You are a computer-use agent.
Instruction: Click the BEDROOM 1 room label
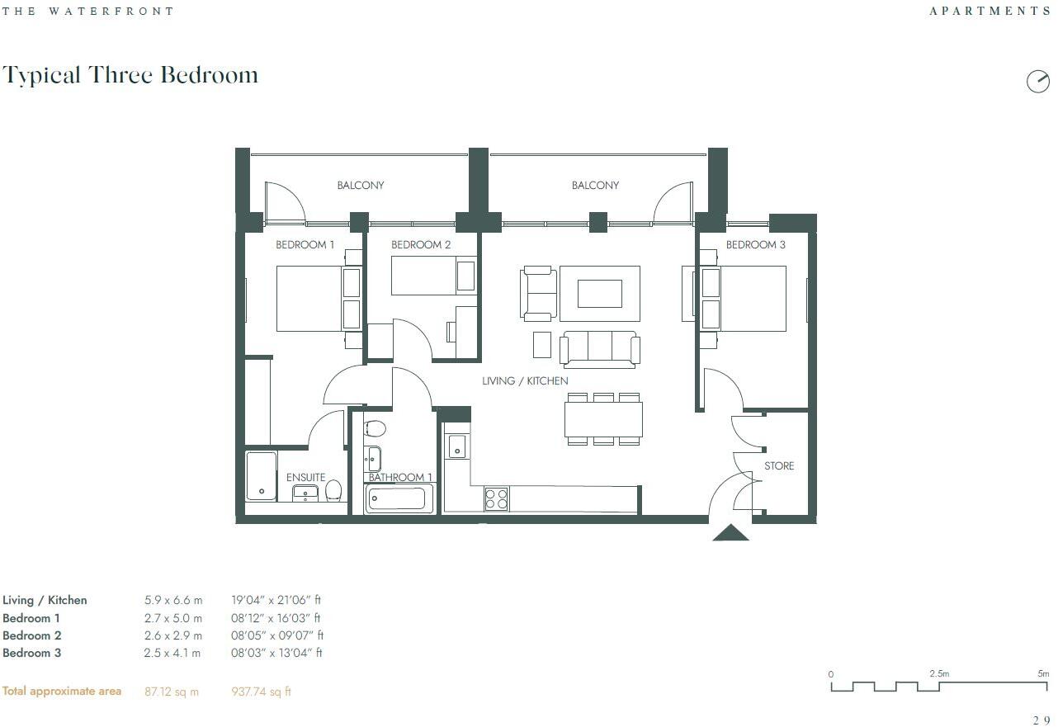(305, 245)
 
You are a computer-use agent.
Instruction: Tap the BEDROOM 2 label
(421, 245)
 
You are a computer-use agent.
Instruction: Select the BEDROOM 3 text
(755, 245)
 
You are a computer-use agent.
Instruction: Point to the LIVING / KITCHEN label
(525, 380)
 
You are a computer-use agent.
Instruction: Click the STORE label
(779, 466)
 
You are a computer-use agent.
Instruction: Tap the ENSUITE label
(305, 478)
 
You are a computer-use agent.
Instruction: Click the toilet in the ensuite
(333, 491)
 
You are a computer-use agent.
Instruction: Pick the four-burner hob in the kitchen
(496, 499)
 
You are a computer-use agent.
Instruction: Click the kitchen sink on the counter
(457, 446)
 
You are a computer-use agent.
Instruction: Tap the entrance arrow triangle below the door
(730, 533)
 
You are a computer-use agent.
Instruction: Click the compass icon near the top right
(1037, 81)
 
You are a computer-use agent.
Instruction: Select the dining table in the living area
(603, 419)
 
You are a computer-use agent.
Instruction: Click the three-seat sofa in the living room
(599, 347)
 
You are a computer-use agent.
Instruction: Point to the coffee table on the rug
(599, 293)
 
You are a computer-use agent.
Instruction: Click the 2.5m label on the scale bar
(939, 674)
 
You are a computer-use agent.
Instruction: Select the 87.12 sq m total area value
(172, 692)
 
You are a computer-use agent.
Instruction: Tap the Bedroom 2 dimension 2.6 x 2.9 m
(173, 635)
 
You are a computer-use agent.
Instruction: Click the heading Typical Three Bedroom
(130, 75)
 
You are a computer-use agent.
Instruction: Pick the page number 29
(1041, 720)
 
